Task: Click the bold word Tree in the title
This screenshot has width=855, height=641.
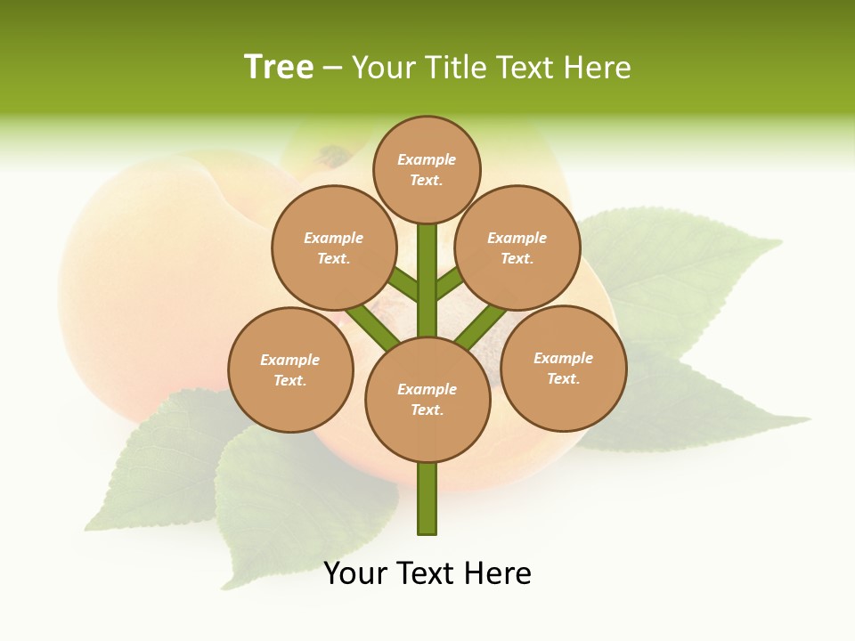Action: [x=279, y=68]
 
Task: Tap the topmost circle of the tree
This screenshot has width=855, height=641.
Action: [x=427, y=169]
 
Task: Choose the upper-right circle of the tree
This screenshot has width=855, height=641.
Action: [x=517, y=247]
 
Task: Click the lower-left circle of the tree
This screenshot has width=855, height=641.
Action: [x=290, y=369]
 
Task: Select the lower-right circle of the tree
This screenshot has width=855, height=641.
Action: [x=564, y=368]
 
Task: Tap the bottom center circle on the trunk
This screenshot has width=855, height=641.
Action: [x=427, y=399]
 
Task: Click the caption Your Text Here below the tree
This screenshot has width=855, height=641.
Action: [x=427, y=573]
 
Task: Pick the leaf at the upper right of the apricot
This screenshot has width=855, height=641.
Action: [x=677, y=267]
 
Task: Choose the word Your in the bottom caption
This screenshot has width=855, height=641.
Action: [x=355, y=573]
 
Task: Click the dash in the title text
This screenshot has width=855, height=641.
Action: [x=332, y=69]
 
